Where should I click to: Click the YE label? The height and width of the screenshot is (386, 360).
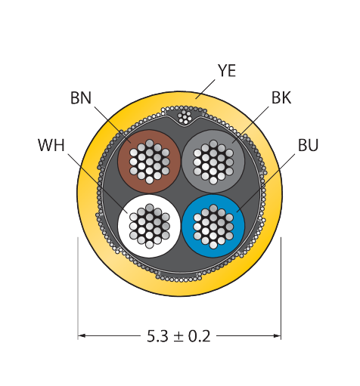[x=227, y=71]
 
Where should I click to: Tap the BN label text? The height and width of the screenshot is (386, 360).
[x=81, y=98]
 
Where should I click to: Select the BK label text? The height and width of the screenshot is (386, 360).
[x=281, y=97]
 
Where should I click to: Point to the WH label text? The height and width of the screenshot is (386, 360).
[x=51, y=145]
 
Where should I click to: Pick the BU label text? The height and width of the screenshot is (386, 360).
[x=308, y=145]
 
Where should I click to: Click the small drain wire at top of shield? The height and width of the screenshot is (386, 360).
[x=185, y=116]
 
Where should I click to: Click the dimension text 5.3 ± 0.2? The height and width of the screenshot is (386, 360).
[x=178, y=336]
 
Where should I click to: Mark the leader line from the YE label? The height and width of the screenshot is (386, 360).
[x=205, y=89]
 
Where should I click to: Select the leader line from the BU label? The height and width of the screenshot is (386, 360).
[x=265, y=183]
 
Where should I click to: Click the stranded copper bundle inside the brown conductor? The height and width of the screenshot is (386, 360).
[x=149, y=162]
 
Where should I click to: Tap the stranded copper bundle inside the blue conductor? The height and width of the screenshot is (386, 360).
[x=213, y=226]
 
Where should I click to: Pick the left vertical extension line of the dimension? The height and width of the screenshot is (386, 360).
[x=78, y=289]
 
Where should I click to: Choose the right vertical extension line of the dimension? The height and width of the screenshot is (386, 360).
[x=281, y=289]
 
